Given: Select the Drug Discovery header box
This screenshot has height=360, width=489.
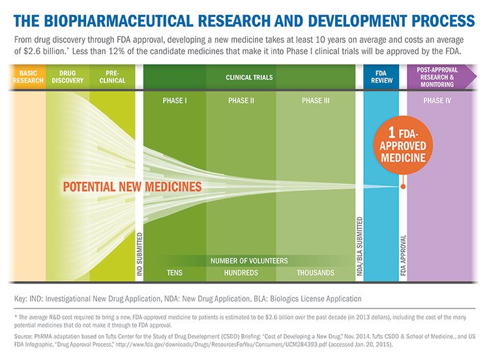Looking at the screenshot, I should [68, 77].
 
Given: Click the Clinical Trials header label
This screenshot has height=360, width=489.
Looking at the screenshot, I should [249, 77].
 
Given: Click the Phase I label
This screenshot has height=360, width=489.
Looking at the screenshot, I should [175, 101].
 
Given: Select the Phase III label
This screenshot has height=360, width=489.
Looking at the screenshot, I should [316, 101].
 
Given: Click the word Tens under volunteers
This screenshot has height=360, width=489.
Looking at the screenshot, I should [175, 273].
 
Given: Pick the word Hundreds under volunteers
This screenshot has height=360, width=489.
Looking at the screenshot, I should [241, 273].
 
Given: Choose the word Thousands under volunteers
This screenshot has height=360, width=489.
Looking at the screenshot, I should [316, 273].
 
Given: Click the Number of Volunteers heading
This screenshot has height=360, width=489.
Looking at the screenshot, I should [249, 261].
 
